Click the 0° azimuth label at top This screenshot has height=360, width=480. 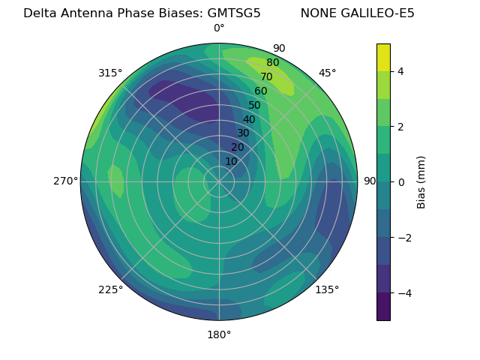pyautogui.click(x=219, y=28)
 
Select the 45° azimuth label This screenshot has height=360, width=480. pyautogui.click(x=327, y=73)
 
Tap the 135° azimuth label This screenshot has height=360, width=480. pyautogui.click(x=327, y=289)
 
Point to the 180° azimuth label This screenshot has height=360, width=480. pyautogui.click(x=219, y=334)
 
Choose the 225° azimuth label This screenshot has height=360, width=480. pyautogui.click(x=110, y=289)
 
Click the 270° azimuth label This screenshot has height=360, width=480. pyautogui.click(x=65, y=181)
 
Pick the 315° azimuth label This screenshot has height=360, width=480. pyautogui.click(x=110, y=73)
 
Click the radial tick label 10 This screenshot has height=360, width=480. pyautogui.click(x=231, y=161)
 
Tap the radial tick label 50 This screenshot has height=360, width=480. pyautogui.click(x=254, y=106)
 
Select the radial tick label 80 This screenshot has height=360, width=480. pyautogui.click(x=272, y=63)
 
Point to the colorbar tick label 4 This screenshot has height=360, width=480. pyautogui.click(x=401, y=71)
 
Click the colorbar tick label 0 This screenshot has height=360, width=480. pyautogui.click(x=401, y=182)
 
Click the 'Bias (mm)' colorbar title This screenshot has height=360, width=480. pyautogui.click(x=421, y=182)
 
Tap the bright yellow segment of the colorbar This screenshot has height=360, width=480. pyautogui.click(x=383, y=57)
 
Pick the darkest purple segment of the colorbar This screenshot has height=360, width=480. pyautogui.click(x=383, y=307)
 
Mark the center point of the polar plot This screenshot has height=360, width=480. pyautogui.click(x=219, y=181)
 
